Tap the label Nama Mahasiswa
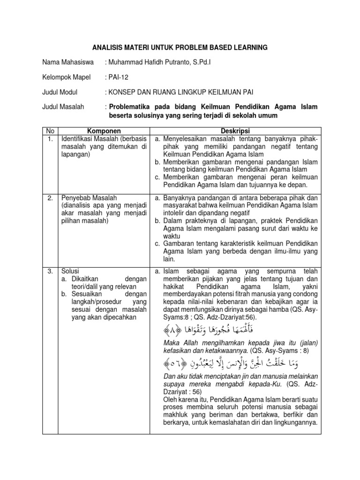pos(67,62)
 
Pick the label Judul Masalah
pos(63,107)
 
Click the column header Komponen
pos(104,131)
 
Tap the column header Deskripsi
pos(236,131)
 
